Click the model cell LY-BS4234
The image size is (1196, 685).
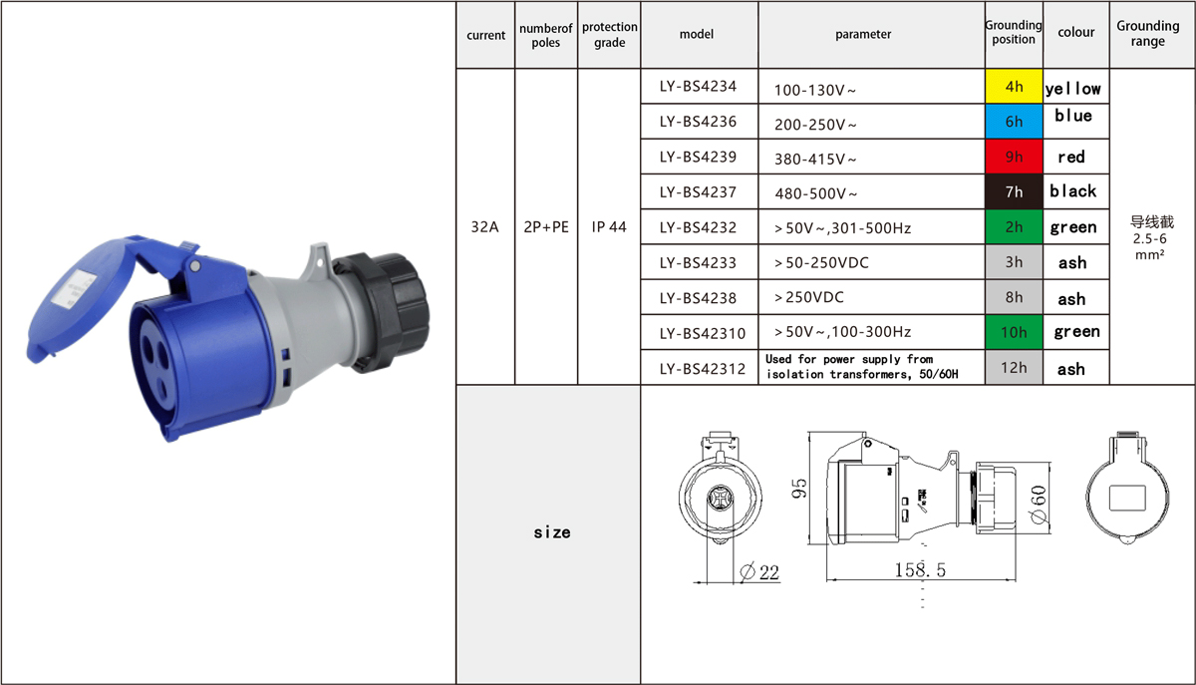coord(698,86)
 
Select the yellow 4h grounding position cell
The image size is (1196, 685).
coord(1014,86)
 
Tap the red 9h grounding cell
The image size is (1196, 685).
coord(1014,157)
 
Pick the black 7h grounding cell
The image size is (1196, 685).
coord(1014,191)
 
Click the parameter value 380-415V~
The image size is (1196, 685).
coord(815,160)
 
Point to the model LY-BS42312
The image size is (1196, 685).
coord(702,369)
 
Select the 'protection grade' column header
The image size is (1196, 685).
coord(609,34)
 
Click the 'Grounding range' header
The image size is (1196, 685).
coord(1148,33)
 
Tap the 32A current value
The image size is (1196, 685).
coord(484,227)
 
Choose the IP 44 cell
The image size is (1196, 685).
coord(609,227)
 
